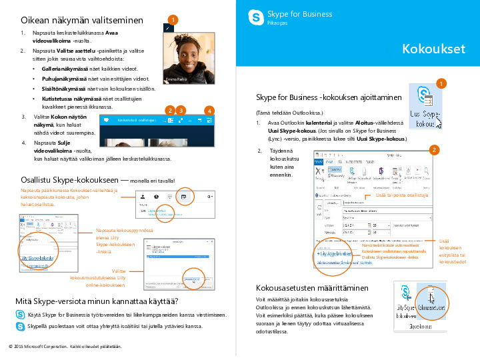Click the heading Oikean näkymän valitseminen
coord(83,20)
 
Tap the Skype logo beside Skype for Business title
coord(255,17)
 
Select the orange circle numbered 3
coord(181,109)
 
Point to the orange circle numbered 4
coord(209,110)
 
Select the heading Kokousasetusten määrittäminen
coord(312,288)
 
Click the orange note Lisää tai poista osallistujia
coord(401,195)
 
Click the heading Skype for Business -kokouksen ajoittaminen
coord(329,97)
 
